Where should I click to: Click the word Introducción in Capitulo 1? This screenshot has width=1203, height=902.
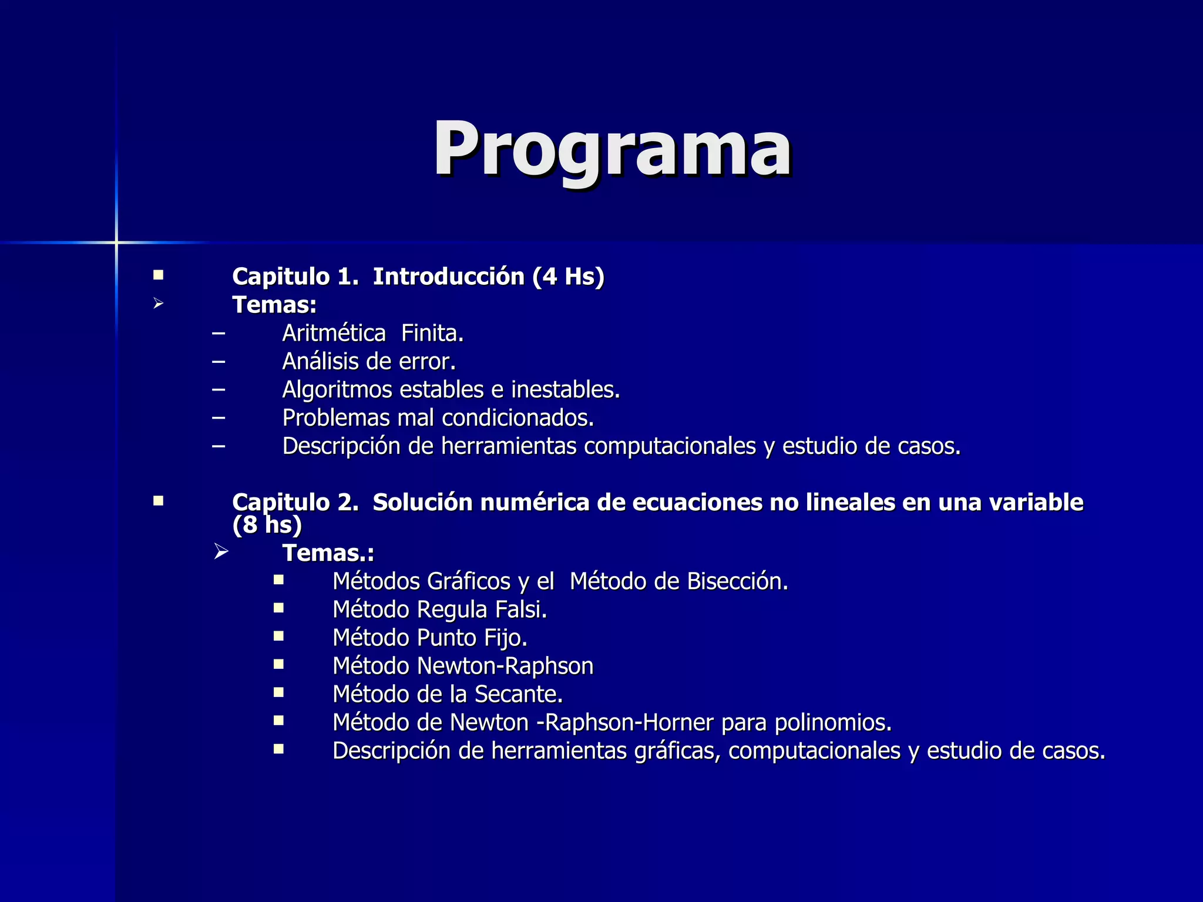coord(449,277)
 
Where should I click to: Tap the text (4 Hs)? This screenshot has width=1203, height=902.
coord(568,277)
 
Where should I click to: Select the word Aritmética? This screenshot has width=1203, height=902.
coord(334,334)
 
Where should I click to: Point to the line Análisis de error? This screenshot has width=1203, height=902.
coord(369,362)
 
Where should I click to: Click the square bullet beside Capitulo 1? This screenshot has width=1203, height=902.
coord(158,275)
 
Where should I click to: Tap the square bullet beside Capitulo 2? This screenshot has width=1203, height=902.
coord(158,501)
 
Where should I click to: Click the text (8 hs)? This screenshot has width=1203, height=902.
coord(267,525)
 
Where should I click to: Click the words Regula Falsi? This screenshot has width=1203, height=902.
coord(482,610)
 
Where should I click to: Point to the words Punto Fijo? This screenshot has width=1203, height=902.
coord(472,638)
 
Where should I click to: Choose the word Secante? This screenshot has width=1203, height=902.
coord(518,694)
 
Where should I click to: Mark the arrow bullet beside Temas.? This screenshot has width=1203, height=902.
coord(221,552)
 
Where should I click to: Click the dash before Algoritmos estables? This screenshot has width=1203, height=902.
coord(219,390)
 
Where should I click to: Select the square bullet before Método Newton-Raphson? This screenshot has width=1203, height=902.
coord(278,665)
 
